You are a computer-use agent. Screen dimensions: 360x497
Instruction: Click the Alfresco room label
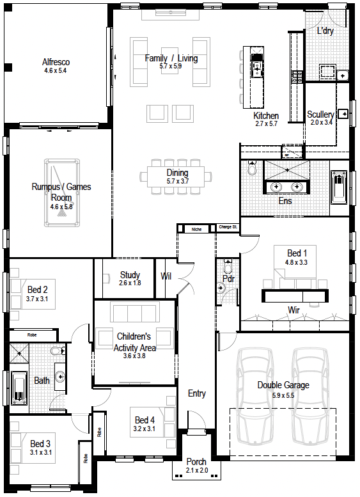pos(56,62)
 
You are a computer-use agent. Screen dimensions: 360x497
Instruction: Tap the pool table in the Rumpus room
pos(62,193)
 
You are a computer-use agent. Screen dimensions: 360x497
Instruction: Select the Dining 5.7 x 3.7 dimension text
pos(178,181)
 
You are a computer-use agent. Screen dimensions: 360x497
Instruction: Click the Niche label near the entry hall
pos(196,229)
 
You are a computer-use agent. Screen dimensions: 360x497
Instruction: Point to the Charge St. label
pos(228,227)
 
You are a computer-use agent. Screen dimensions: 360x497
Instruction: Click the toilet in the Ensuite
pos(252,168)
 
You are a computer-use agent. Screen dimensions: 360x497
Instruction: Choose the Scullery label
pos(320,114)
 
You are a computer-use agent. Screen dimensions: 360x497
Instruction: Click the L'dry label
pos(325,31)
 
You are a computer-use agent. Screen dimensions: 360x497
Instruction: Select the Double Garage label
pos(283,385)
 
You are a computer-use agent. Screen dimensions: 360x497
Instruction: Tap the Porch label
pos(196,462)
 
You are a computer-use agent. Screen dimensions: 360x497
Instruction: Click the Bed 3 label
pos(40,444)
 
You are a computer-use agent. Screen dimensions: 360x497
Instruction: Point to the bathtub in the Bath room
pos(19,389)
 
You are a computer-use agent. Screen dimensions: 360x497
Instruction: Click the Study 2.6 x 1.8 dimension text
pos(130,283)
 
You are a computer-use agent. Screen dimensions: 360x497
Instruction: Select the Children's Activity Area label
pos(134,342)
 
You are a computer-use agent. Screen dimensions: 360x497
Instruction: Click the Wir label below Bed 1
pos(293,310)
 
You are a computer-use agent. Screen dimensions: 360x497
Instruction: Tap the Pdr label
pos(228,279)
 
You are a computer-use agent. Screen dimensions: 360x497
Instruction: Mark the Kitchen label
pos(266,116)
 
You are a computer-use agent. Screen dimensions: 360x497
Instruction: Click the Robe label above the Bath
pos(32,335)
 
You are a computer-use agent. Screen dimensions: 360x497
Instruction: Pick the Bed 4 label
pos(145,420)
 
